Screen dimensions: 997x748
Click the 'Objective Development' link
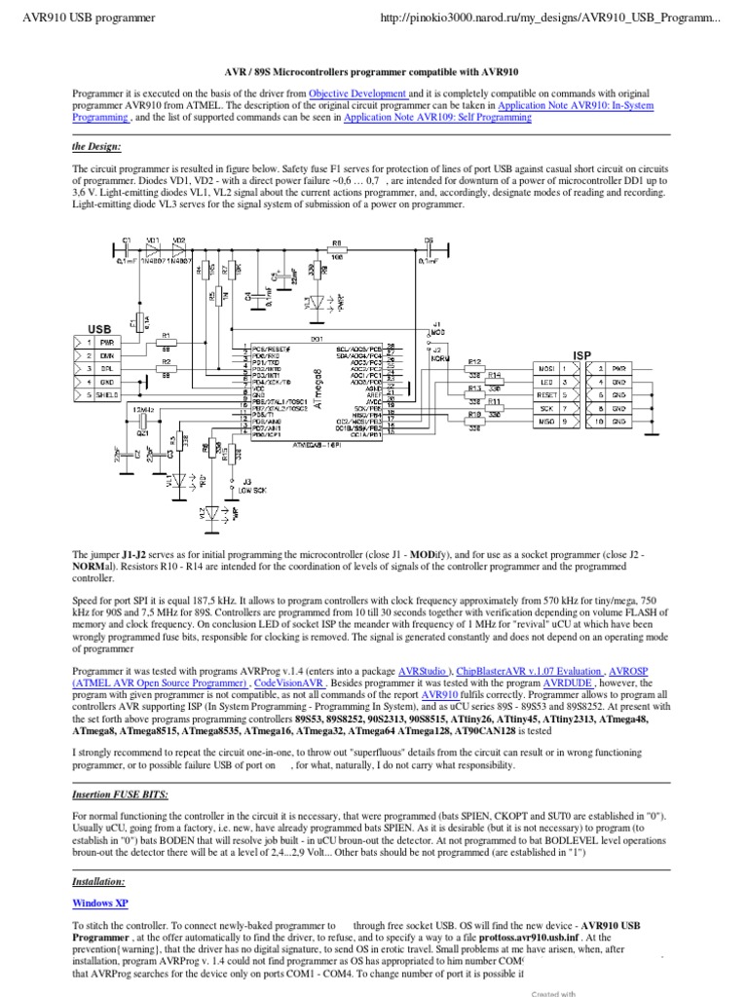357,92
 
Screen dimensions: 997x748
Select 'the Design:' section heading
97,146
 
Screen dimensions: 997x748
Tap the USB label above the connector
100,329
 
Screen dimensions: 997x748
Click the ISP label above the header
582,355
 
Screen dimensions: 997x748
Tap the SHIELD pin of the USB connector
107,395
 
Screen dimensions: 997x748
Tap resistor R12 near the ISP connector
475,361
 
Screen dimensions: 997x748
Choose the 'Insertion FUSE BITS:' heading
121,794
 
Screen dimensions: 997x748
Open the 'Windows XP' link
100,903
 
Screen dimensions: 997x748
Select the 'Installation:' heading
98,880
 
